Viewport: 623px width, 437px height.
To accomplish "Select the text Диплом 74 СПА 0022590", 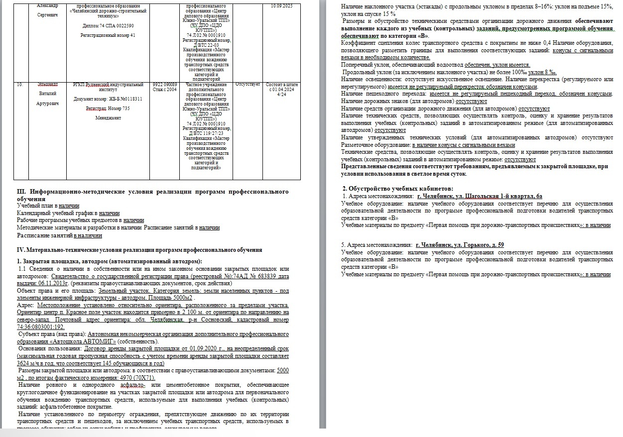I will point(108,25).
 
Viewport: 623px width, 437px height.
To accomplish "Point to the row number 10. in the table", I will point(20,85).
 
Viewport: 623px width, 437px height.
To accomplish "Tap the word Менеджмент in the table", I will point(108,118).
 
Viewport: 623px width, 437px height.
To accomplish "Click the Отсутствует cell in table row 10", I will point(247,85).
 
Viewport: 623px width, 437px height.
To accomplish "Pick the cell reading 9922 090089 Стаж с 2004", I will point(164,87).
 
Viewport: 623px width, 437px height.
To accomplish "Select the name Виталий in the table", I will point(48,94).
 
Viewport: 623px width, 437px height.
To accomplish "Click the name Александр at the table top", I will point(48,5).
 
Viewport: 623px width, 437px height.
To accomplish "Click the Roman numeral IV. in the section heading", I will point(21,250).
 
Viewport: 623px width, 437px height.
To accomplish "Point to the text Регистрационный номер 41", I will point(108,36).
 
